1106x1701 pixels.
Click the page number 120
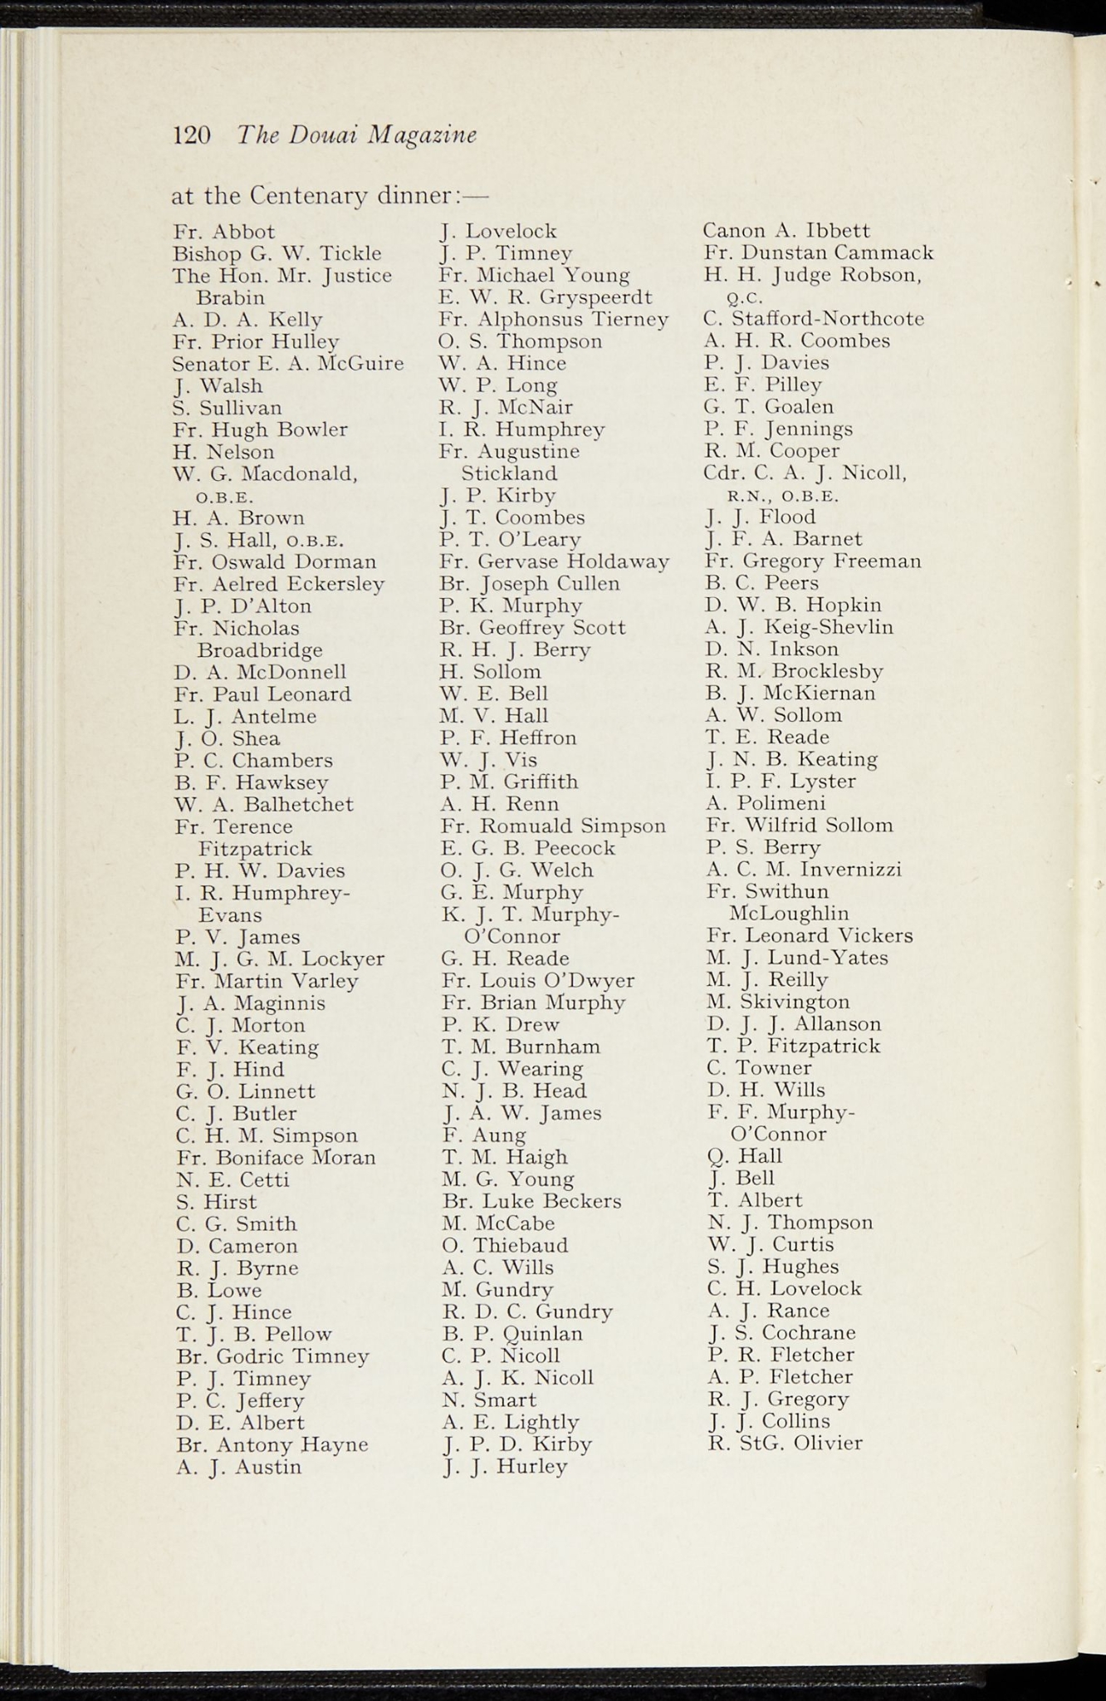pyautogui.click(x=192, y=135)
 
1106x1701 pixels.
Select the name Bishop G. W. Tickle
pyautogui.click(x=277, y=253)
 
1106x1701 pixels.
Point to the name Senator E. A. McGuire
pyautogui.click(x=288, y=364)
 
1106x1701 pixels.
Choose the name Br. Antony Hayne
pyautogui.click(x=272, y=1444)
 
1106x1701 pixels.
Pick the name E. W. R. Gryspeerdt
pyautogui.click(x=546, y=297)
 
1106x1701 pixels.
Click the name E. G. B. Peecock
pyautogui.click(x=528, y=849)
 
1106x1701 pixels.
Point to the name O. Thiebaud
pyautogui.click(x=505, y=1246)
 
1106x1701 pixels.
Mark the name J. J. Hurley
pyautogui.click(x=505, y=1466)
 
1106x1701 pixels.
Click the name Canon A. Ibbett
pyautogui.click(x=787, y=231)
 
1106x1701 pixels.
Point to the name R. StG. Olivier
pyautogui.click(x=785, y=1443)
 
